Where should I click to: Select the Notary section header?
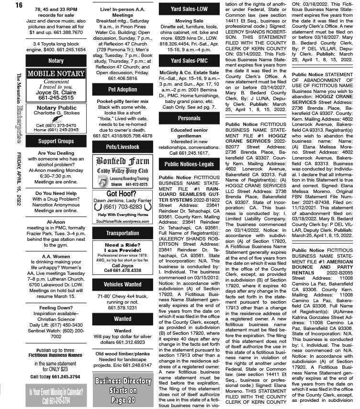pos(56,61)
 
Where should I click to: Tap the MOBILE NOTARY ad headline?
pos(56,74)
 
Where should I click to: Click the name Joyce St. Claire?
pos(56,92)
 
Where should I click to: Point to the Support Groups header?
pos(56,141)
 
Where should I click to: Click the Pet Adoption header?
pos(123,89)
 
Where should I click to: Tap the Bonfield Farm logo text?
pos(123,161)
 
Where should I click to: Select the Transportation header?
pos(123,233)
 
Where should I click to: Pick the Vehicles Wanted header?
pos(123,284)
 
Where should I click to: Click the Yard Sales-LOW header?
pos(189,9)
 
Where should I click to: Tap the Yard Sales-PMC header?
pos(189,60)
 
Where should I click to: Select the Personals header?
pos(189,118)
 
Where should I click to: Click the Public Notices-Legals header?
pos(189,164)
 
